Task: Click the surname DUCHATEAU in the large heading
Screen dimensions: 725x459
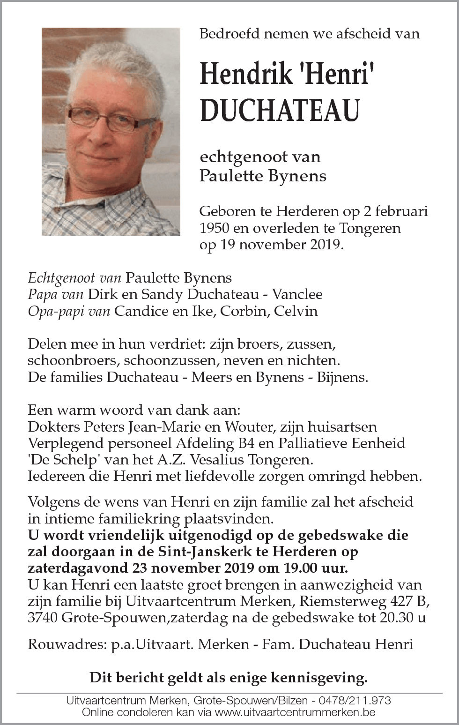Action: click(280, 110)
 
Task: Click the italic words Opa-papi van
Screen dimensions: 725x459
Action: click(69, 311)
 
